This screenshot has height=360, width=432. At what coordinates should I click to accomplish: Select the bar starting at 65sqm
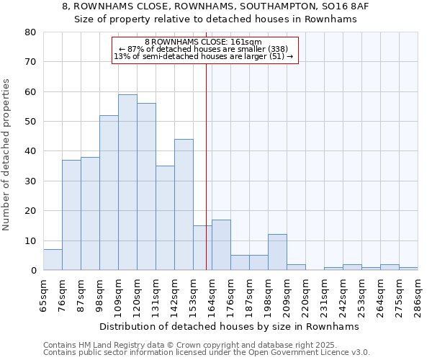[x=53, y=260]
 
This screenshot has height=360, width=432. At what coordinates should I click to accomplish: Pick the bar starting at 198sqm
[x=277, y=252]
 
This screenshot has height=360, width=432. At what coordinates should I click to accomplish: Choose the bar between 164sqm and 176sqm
[x=221, y=245]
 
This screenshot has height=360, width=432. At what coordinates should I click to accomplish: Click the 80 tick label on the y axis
[x=30, y=32]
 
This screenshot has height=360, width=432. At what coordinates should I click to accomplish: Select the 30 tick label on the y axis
[x=30, y=181]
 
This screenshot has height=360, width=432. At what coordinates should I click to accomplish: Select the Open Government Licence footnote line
[x=207, y=353]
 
